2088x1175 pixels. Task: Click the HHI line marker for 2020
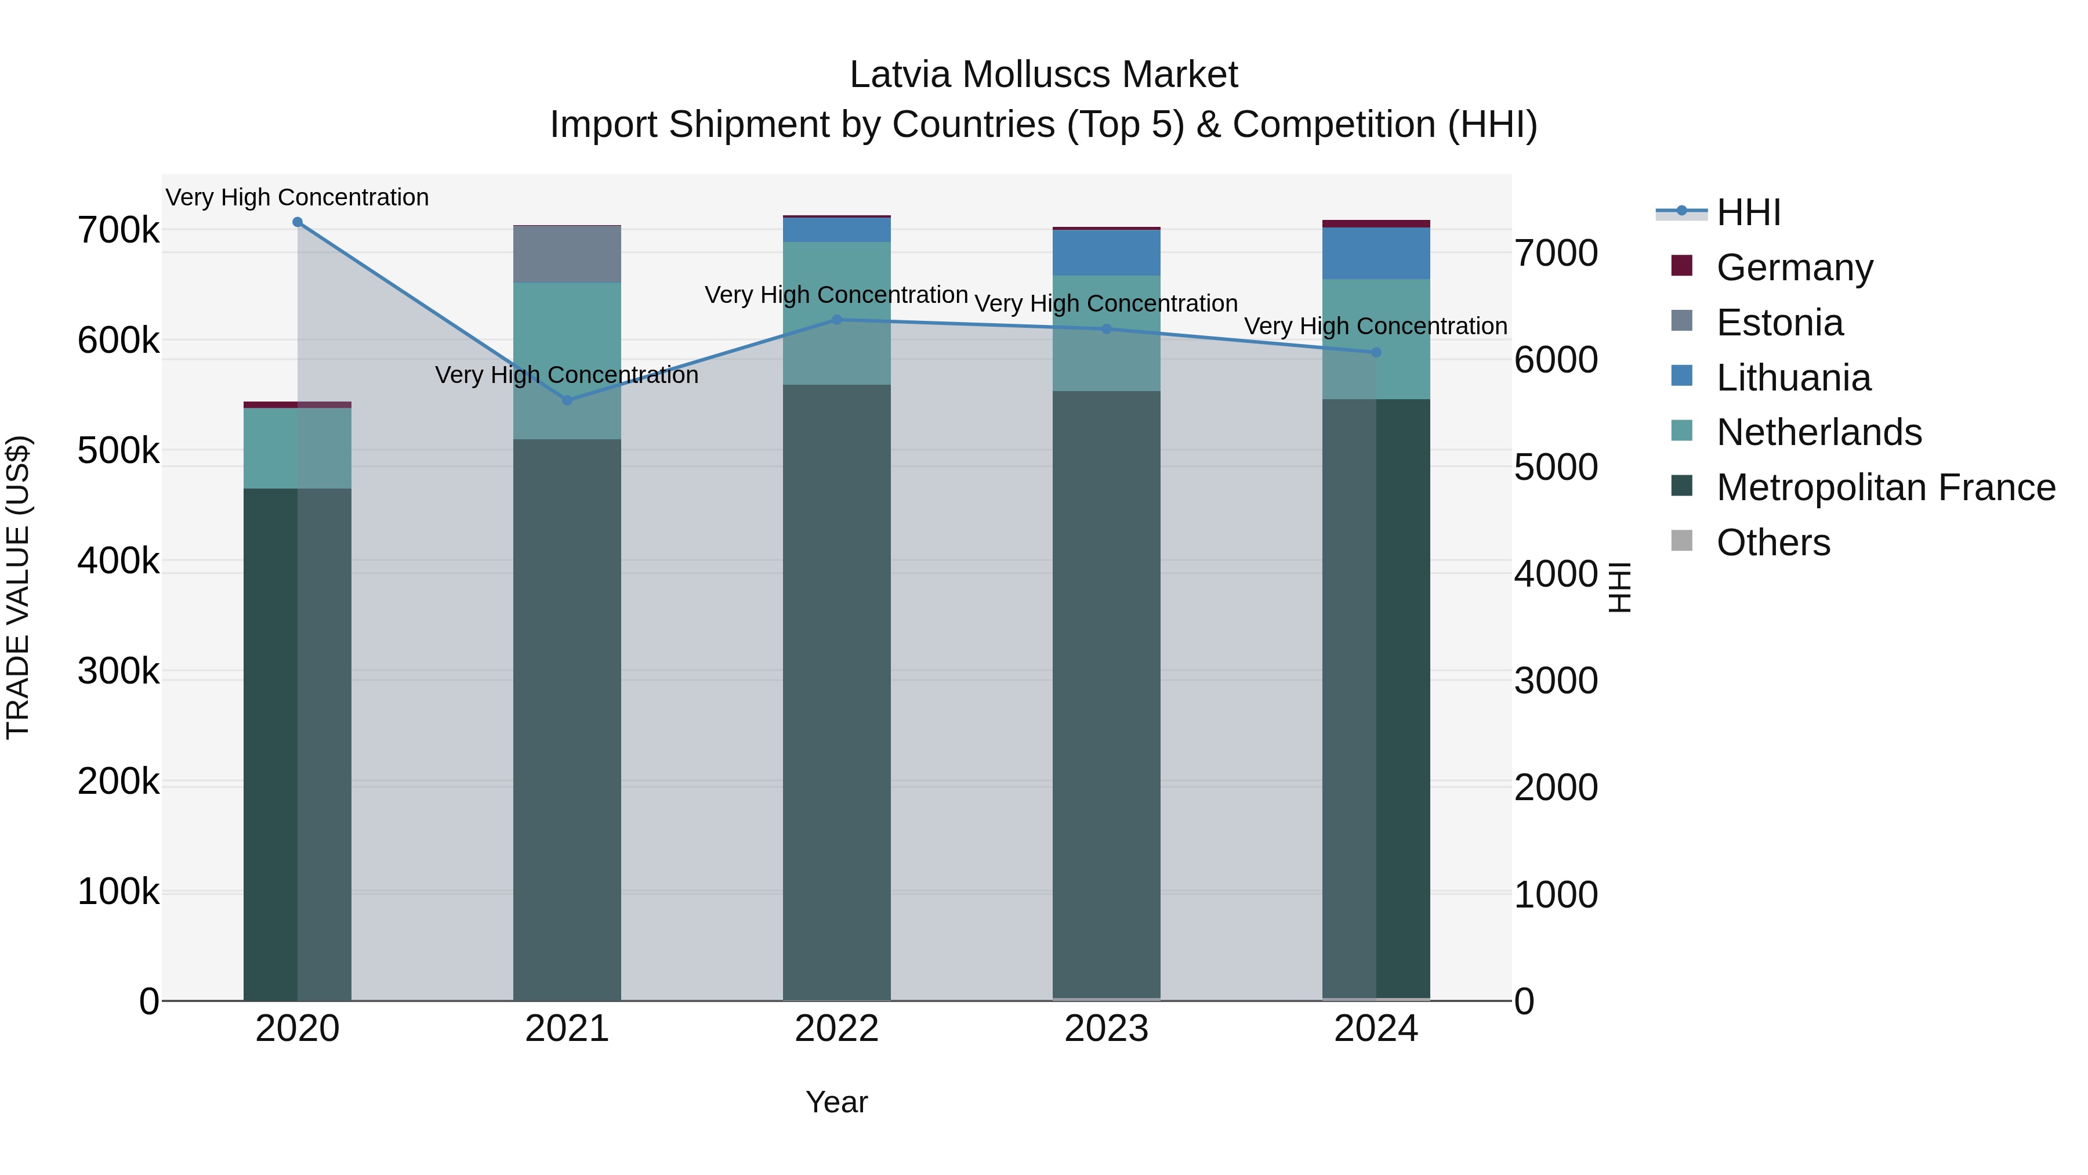click(x=298, y=222)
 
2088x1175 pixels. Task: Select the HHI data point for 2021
click(x=567, y=400)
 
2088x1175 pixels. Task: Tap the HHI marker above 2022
click(x=838, y=320)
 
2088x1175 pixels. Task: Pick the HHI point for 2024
click(x=1376, y=353)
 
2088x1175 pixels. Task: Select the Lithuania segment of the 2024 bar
click(x=1376, y=254)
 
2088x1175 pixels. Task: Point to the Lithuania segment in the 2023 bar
click(x=1107, y=253)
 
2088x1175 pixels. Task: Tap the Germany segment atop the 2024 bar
click(x=1376, y=224)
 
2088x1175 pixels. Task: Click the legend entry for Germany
click(x=1795, y=267)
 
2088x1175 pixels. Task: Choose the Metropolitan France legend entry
click(x=1886, y=487)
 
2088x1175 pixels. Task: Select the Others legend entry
click(x=1772, y=543)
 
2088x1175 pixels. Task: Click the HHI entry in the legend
click(x=1748, y=212)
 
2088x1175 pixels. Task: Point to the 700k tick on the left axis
click(x=118, y=230)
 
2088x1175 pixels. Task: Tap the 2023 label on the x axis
click(x=1107, y=1029)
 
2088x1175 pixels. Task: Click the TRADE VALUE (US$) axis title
click(x=18, y=587)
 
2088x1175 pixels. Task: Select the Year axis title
click(x=836, y=1102)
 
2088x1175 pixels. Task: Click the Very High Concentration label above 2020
click(x=298, y=197)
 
